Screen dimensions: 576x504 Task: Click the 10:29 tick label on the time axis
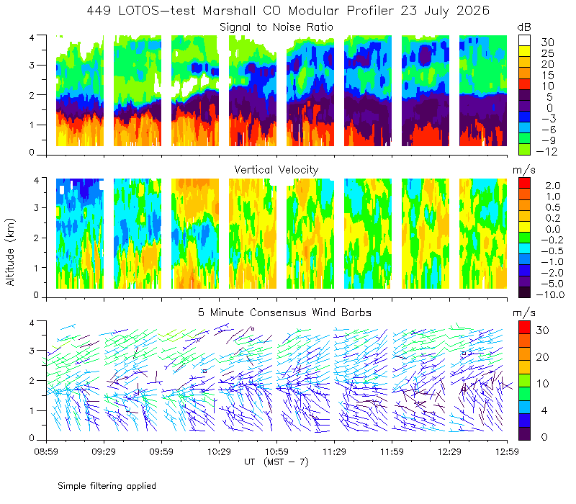pyautogui.click(x=219, y=451)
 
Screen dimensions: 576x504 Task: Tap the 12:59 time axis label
pyautogui.click(x=507, y=451)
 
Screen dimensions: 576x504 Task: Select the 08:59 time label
pyautogui.click(x=46, y=451)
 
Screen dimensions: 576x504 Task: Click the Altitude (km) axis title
pyautogui.click(x=10, y=252)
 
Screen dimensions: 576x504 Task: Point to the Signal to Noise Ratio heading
pyautogui.click(x=276, y=27)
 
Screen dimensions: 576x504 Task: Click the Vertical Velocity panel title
pyautogui.click(x=276, y=170)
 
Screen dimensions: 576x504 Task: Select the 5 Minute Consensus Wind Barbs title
pyautogui.click(x=284, y=312)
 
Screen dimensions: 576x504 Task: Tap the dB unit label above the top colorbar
pyautogui.click(x=524, y=27)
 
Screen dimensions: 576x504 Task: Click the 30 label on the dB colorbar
pyautogui.click(x=547, y=42)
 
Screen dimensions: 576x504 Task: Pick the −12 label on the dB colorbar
pyautogui.click(x=546, y=151)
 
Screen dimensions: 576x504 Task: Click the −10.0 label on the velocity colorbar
pyautogui.click(x=550, y=294)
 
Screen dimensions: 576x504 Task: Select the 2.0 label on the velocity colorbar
pyautogui.click(x=553, y=186)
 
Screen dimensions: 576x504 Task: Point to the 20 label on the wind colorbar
pyautogui.click(x=543, y=357)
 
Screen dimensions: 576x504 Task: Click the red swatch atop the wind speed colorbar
pyautogui.click(x=524, y=327)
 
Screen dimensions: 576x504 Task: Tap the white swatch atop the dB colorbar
pyautogui.click(x=524, y=40)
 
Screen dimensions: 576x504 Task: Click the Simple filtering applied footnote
pyautogui.click(x=107, y=486)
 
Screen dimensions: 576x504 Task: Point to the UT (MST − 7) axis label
pyautogui.click(x=276, y=462)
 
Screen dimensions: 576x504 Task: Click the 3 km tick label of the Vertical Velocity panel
pyautogui.click(x=36, y=207)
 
